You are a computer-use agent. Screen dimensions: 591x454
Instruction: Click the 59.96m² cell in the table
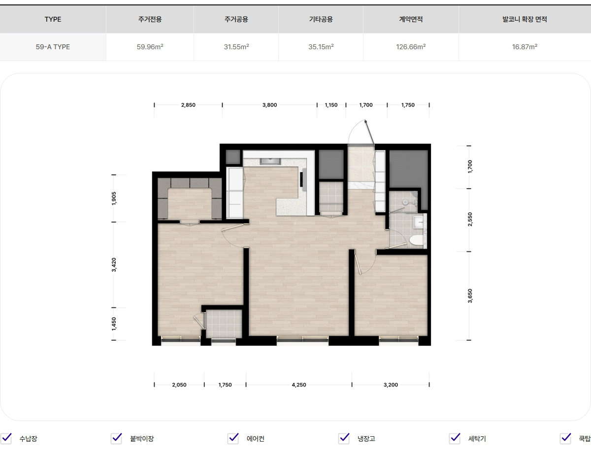coord(150,47)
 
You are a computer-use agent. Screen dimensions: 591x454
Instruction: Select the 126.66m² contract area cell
coord(411,47)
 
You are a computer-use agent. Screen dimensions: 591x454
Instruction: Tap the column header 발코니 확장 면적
coord(525,19)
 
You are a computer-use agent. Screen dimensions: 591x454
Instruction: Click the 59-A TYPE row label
coord(53,47)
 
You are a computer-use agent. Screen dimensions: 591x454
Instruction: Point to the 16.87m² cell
coord(525,47)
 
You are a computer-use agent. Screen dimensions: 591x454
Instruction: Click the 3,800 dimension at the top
coord(269,105)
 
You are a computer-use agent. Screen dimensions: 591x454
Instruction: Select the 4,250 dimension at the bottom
coord(299,385)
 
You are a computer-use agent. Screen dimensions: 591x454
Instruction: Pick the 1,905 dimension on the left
coord(114,198)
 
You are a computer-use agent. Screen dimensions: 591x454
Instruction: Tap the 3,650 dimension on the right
coord(470,296)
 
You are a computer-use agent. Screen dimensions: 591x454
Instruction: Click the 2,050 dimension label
coord(179,385)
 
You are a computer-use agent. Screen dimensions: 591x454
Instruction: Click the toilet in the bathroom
coord(416,241)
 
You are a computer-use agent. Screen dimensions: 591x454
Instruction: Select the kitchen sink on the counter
coord(270,161)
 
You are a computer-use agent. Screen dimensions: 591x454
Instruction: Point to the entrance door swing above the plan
coord(361,132)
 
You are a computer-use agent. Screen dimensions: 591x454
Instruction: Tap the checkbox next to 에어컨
coord(233,438)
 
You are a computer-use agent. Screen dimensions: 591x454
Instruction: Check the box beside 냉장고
coord(344,438)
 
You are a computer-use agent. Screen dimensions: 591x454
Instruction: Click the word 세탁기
coord(477,439)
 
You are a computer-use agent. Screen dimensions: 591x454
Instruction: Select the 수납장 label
coord(28,439)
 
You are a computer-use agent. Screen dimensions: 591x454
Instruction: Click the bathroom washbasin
coord(418,222)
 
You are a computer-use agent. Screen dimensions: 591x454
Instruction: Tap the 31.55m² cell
coord(236,47)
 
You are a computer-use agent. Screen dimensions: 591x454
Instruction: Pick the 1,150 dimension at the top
coord(331,105)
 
